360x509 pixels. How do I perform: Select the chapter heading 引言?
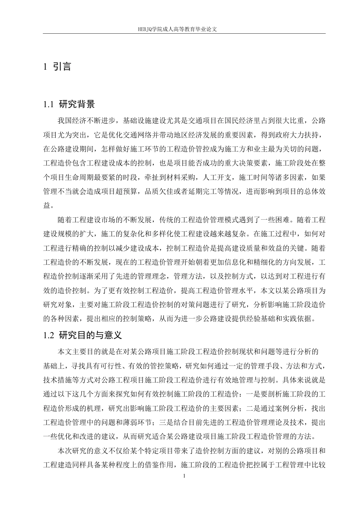[x=62, y=67]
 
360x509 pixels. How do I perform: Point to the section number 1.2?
[x=50, y=336]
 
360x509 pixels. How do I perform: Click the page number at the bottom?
[x=184, y=476]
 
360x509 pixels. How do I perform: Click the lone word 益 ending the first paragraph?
[x=47, y=206]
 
